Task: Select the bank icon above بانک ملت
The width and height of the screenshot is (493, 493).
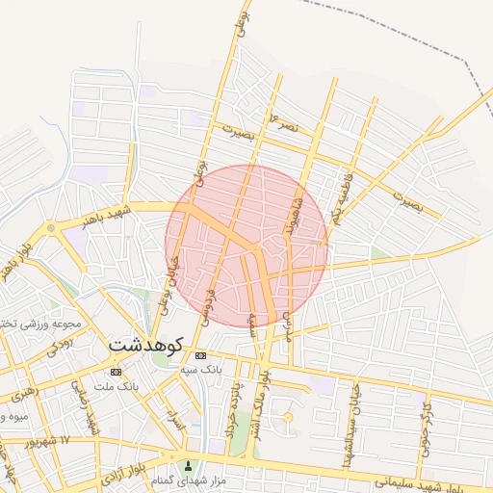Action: pyautogui.click(x=117, y=372)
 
